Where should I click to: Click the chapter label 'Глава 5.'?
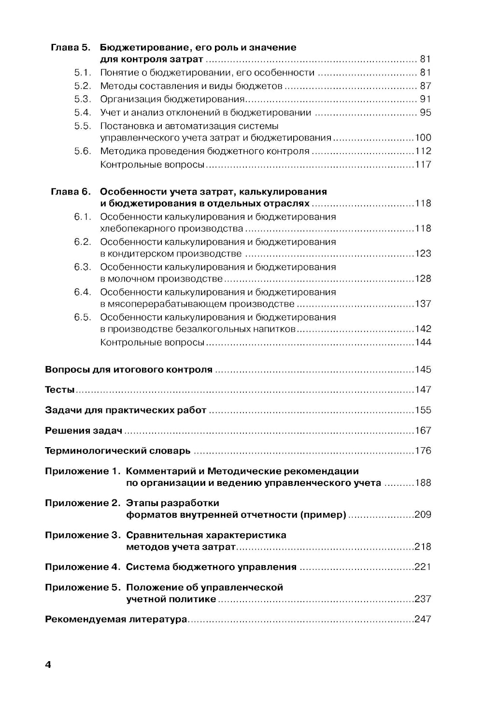(71, 48)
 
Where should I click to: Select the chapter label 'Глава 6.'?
(71, 192)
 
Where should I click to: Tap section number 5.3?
(82, 99)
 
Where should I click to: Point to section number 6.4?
(82, 292)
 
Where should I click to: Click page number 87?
(425, 86)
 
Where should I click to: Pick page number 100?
(423, 138)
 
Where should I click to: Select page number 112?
(423, 151)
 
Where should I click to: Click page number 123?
(423, 254)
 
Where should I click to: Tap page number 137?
(423, 304)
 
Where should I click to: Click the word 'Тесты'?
(60, 390)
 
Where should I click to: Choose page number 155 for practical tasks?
(423, 410)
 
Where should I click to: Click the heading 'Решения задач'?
(84, 430)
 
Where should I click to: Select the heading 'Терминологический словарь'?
(117, 451)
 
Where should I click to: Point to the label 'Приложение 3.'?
(82, 535)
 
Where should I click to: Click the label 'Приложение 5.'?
(82, 587)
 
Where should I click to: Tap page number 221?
(423, 567)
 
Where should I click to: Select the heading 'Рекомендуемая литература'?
(115, 619)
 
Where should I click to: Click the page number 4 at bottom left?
(48, 665)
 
